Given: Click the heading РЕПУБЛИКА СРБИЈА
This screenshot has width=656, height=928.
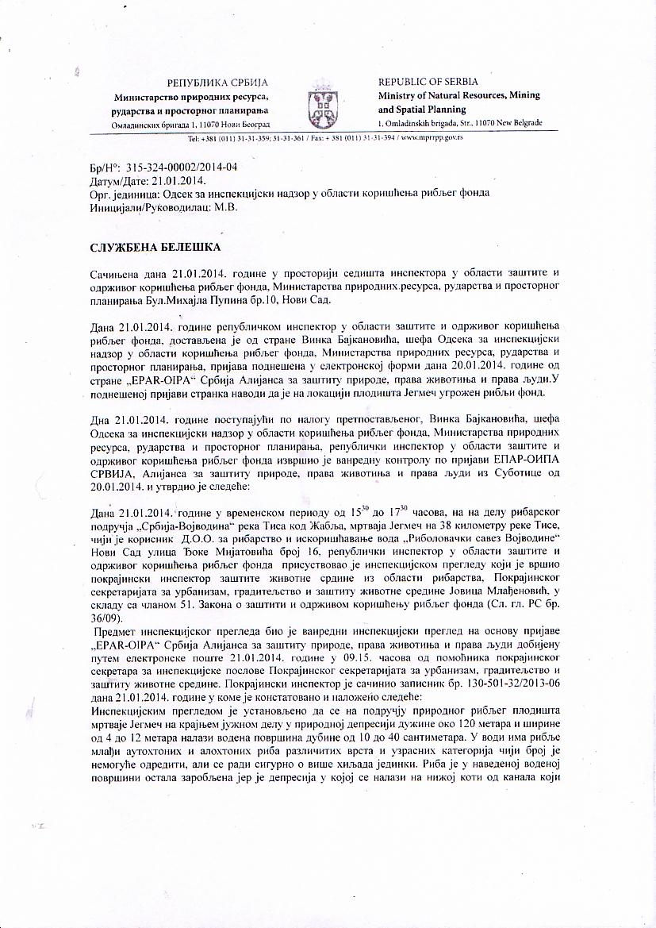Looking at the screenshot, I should (217, 83).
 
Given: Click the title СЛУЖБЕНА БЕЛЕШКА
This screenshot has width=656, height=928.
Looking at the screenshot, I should (155, 248).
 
